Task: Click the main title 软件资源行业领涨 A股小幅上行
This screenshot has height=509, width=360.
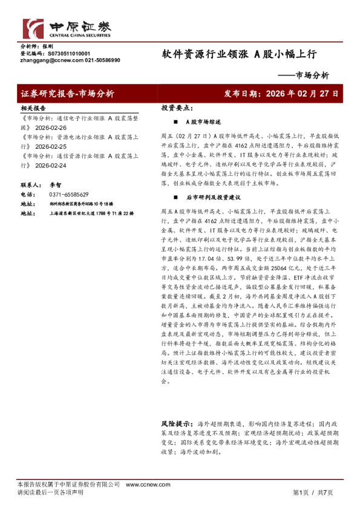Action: coord(239,54)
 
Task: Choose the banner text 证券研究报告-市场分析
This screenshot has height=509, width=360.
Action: coord(67,94)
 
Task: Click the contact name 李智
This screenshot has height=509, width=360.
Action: coord(56,185)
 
